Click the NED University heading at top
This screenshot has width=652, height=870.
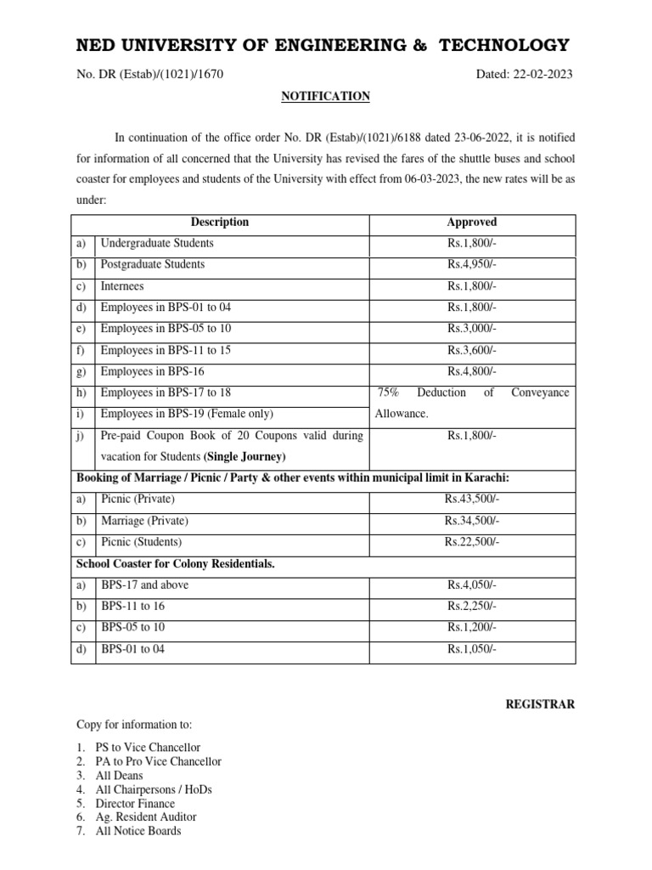click(x=323, y=45)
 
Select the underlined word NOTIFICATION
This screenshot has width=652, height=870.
click(x=325, y=97)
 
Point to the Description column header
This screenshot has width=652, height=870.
click(x=220, y=222)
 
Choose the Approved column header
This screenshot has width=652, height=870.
click(x=471, y=222)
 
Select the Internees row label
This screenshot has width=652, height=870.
click(x=122, y=286)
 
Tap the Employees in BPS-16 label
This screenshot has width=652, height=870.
click(x=152, y=371)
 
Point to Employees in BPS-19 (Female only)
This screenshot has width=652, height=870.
click(x=187, y=414)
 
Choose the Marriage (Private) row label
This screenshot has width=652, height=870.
click(x=144, y=520)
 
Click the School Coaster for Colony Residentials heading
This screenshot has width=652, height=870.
click(x=176, y=563)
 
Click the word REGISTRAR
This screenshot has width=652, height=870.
click(x=540, y=704)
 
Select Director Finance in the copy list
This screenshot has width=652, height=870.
click(x=135, y=803)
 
